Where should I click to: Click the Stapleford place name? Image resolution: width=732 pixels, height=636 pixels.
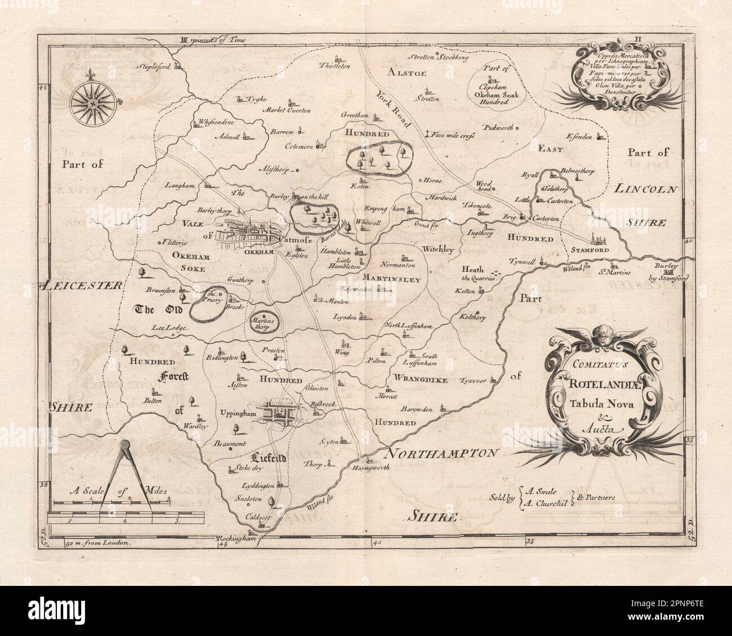(x=154, y=65)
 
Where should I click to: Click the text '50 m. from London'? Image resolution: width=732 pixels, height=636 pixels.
(x=99, y=544)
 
